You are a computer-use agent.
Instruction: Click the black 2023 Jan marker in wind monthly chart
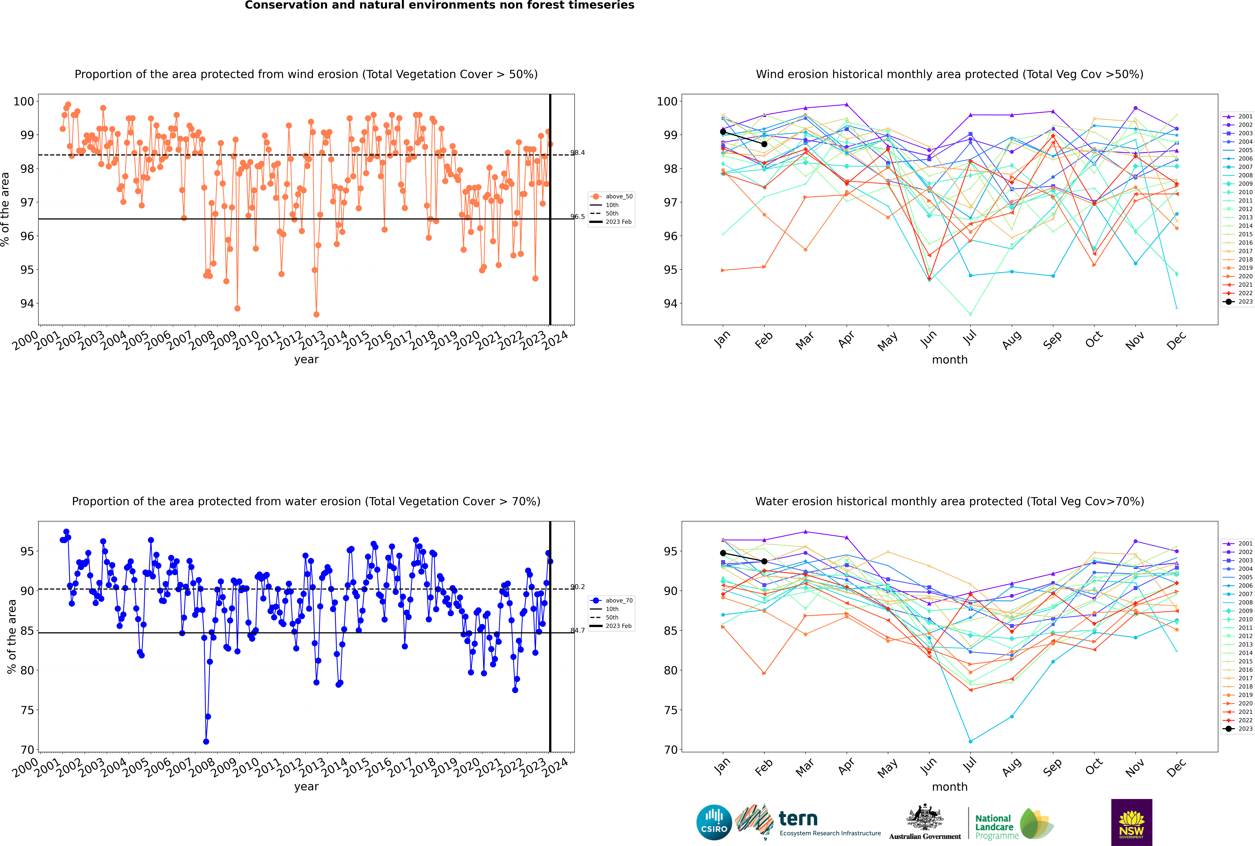tap(723, 132)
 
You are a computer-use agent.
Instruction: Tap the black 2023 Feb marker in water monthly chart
tap(764, 561)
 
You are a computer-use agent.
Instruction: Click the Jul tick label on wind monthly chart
tap(970, 338)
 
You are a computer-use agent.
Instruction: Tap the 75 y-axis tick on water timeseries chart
tap(27, 710)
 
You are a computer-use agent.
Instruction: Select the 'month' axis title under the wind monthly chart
tap(950, 360)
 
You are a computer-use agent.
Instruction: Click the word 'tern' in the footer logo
tap(798, 819)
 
